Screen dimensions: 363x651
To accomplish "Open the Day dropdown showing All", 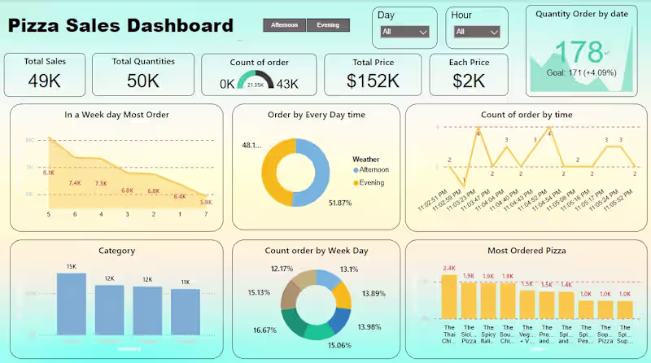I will coord(404,32).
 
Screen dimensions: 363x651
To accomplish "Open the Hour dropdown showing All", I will coord(477,32).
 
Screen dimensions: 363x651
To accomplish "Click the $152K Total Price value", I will coord(372,81).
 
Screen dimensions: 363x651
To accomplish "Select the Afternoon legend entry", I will coord(371,169).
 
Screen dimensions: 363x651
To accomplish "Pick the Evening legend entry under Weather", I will coord(371,182).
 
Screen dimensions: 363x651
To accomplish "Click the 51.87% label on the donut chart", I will coord(340,203).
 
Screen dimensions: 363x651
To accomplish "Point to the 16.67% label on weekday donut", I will coord(264,330).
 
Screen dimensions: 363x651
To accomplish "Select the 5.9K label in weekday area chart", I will coord(205,203).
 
